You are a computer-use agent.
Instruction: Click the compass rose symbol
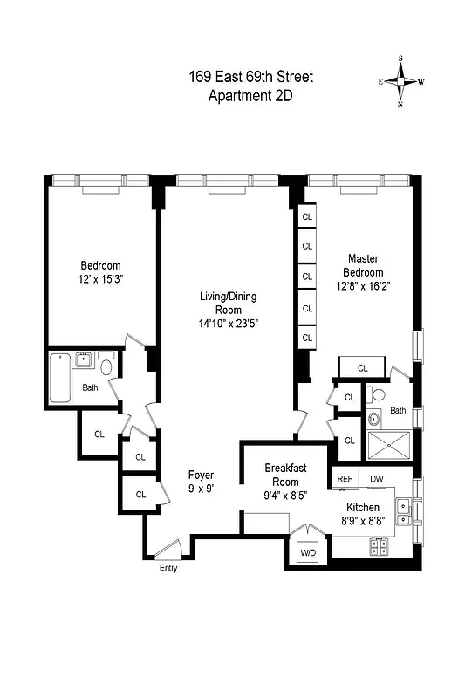click(x=402, y=81)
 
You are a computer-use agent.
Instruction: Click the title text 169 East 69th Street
click(x=250, y=78)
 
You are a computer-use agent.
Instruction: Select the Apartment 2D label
click(x=250, y=96)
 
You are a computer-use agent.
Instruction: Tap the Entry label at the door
click(x=168, y=568)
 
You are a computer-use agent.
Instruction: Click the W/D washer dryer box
click(x=308, y=552)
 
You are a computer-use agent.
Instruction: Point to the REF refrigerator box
click(x=345, y=478)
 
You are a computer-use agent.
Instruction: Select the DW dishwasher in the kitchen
click(x=377, y=478)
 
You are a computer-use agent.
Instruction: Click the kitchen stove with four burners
click(x=380, y=546)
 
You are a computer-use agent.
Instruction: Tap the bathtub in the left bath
click(x=60, y=378)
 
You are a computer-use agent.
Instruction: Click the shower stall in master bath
click(x=386, y=446)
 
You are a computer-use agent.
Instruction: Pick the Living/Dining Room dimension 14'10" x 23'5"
click(x=229, y=323)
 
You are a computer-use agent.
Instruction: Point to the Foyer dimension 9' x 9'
click(x=202, y=489)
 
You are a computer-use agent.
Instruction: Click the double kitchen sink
click(x=405, y=512)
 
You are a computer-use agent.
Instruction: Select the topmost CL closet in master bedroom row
click(x=307, y=216)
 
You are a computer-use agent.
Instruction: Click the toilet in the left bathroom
click(x=106, y=367)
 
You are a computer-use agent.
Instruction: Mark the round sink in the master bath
click(x=376, y=417)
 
